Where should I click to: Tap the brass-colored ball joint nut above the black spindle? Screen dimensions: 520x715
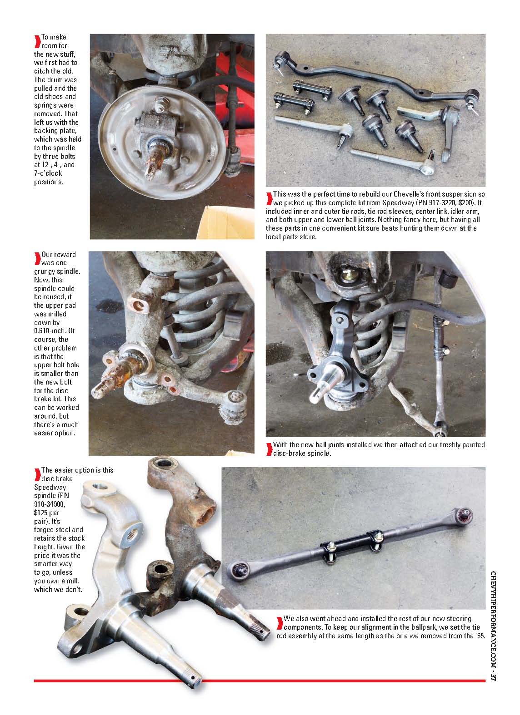click(x=346, y=275)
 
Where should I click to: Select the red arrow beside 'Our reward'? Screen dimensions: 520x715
click(x=37, y=258)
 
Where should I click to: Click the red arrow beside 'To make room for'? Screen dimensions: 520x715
click(x=37, y=41)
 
